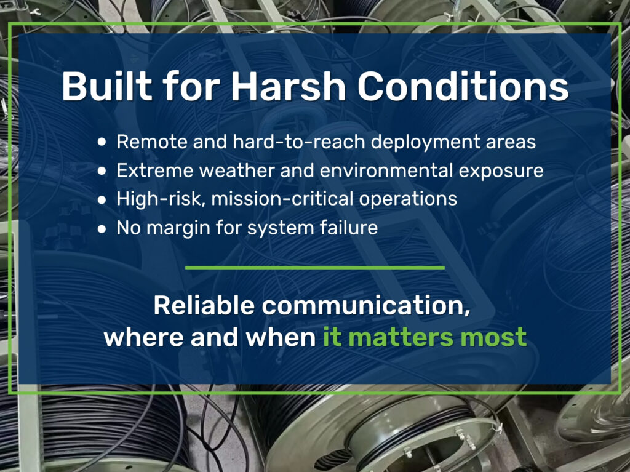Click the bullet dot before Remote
pos(102,142)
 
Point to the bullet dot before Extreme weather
pos(102,171)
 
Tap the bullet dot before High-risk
pos(102,199)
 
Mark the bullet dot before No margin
pos(102,228)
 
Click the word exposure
pos(499,170)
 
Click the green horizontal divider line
pos(314,268)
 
